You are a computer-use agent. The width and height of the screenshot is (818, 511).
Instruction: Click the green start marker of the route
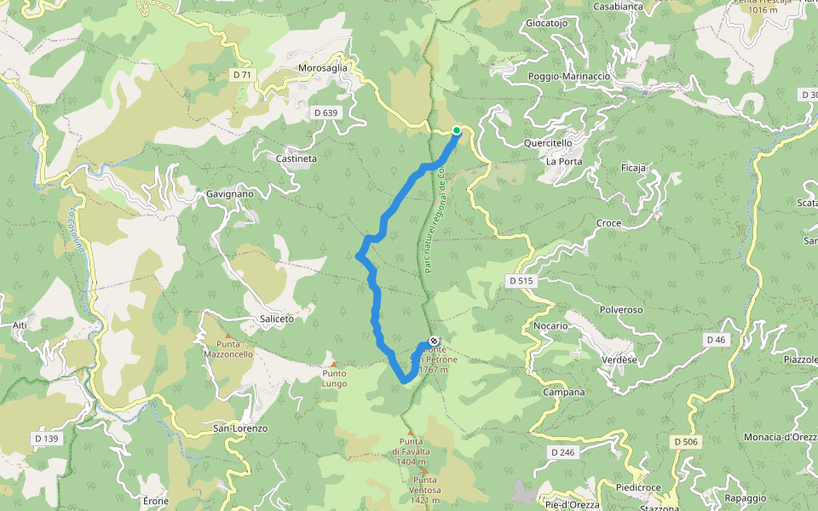pyautogui.click(x=457, y=130)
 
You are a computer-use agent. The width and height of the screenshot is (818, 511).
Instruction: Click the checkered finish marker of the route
pyautogui.click(x=434, y=342)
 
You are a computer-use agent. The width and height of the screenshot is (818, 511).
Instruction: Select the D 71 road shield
pyautogui.click(x=243, y=75)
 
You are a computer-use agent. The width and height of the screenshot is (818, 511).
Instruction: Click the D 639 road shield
pyautogui.click(x=325, y=112)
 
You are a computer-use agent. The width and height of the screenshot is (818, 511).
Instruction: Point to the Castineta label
pyautogui.click(x=297, y=158)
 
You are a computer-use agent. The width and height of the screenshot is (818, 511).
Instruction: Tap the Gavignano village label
pyautogui.click(x=230, y=194)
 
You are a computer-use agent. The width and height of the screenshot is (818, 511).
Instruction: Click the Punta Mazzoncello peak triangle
pyautogui.click(x=228, y=335)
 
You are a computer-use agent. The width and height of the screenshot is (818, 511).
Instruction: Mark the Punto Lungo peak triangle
pyautogui.click(x=334, y=365)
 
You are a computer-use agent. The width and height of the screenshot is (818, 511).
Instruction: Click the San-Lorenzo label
pyautogui.click(x=240, y=428)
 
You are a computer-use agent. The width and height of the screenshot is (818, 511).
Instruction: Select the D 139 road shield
pyautogui.click(x=48, y=439)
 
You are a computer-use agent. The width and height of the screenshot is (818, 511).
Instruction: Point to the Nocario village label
pyautogui.click(x=550, y=325)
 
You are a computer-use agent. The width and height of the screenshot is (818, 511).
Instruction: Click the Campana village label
pyautogui.click(x=564, y=393)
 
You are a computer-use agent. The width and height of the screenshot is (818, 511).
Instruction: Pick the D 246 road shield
pyautogui.click(x=562, y=451)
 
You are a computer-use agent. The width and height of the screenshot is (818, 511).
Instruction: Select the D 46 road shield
pyautogui.click(x=716, y=340)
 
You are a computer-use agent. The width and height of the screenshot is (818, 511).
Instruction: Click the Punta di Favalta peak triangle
pyautogui.click(x=409, y=431)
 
